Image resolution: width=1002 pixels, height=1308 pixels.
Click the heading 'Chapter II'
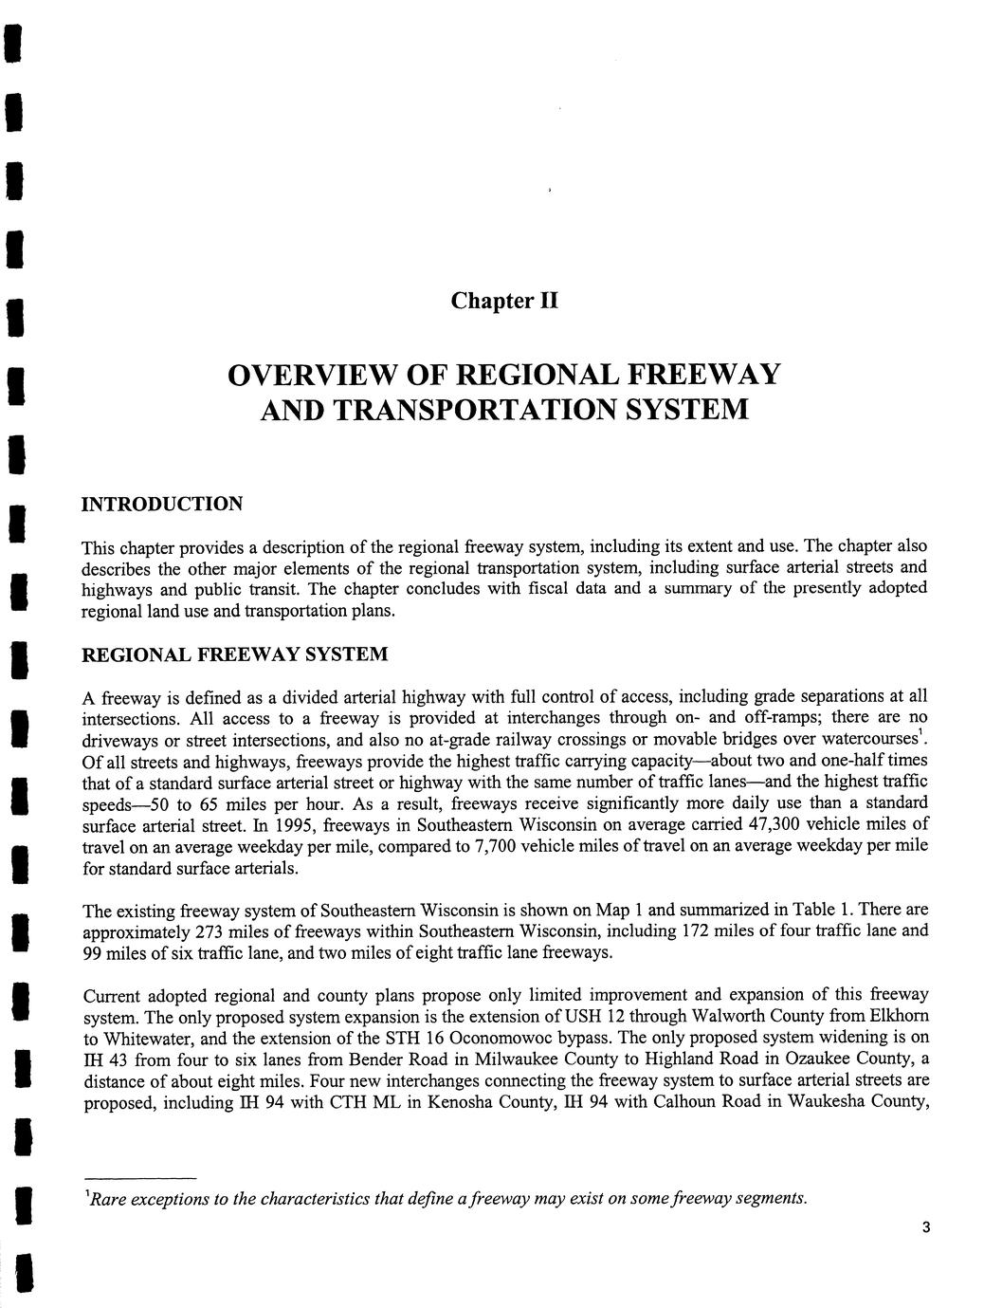504,301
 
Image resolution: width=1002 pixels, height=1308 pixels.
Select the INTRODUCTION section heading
162,503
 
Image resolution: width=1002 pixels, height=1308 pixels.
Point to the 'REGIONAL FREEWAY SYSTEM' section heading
235,654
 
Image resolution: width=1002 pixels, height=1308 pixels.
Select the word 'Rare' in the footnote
109,1198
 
